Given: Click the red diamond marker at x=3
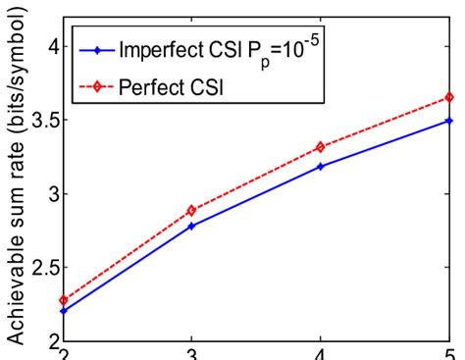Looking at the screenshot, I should (x=190, y=210).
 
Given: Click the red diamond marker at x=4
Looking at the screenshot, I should (x=320, y=147).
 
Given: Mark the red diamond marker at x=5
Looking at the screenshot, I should (x=449, y=97).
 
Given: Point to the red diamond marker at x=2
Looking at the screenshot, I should (x=63, y=300).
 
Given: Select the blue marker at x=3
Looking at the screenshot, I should (x=190, y=226).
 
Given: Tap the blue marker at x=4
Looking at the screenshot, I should (x=320, y=167).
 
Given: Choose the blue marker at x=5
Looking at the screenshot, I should (x=449, y=121).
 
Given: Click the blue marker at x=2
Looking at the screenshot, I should (x=63, y=310).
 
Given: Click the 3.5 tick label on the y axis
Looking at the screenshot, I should (x=40, y=120).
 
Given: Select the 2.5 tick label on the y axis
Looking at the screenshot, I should (x=40, y=267).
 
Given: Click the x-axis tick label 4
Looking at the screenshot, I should (x=320, y=353).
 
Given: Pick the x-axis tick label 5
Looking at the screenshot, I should (x=449, y=353).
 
